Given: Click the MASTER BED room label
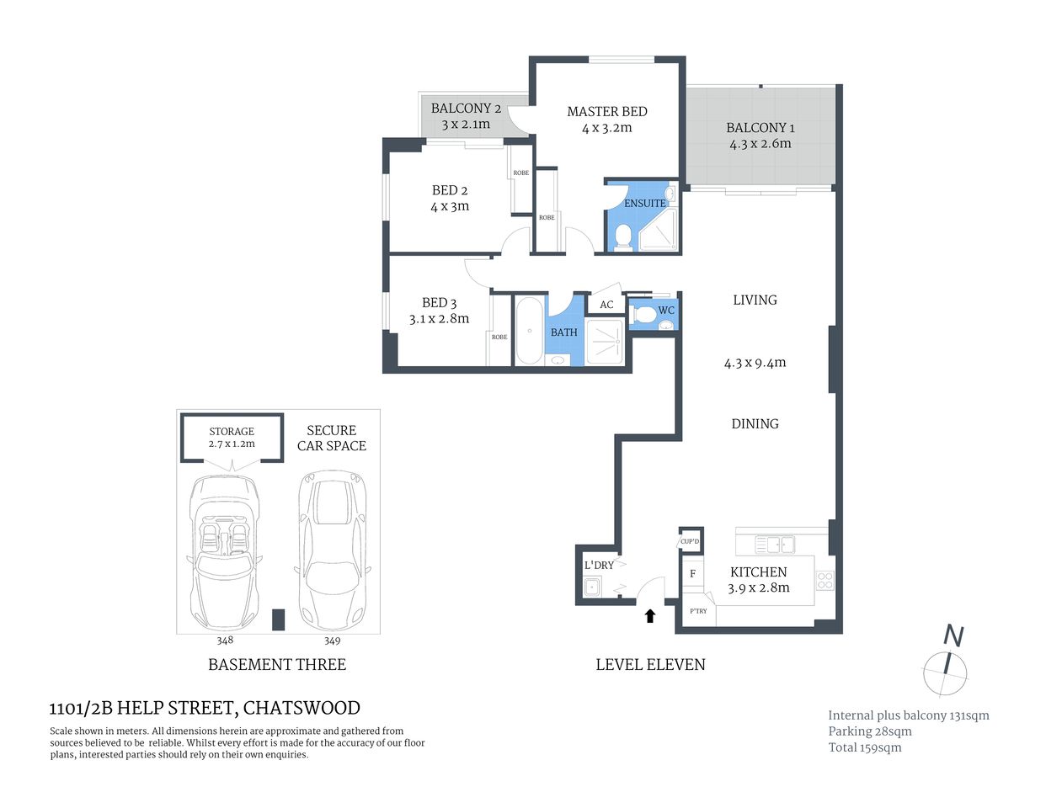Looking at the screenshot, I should click(x=606, y=112).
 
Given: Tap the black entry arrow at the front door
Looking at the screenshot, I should click(x=649, y=616).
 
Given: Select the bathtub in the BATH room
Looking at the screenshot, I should click(x=529, y=331).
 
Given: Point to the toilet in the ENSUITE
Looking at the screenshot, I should click(x=623, y=236).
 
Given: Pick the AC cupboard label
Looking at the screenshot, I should click(x=606, y=305).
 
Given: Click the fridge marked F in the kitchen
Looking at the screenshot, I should click(x=692, y=574).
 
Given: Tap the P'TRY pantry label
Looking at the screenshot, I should click(x=698, y=611).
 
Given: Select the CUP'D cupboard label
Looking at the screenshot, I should click(x=690, y=541).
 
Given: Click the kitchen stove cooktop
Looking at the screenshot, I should click(x=825, y=580).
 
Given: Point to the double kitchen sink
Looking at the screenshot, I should click(x=775, y=545).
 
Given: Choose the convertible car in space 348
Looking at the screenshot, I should click(x=224, y=551).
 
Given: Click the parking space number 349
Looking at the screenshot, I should click(x=333, y=641).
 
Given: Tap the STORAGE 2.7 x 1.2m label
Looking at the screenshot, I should click(x=232, y=438).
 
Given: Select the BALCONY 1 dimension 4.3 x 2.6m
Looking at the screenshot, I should click(x=760, y=144).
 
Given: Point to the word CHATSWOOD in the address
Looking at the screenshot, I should click(x=302, y=708).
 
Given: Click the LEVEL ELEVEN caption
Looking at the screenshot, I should click(x=650, y=664).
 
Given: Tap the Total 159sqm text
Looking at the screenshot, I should click(x=865, y=747).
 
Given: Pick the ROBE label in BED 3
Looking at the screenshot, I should click(x=499, y=337).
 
